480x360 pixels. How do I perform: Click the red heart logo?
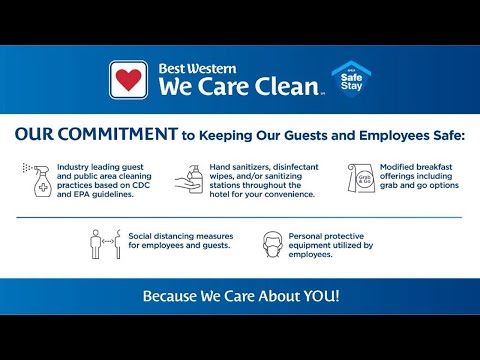[128, 79]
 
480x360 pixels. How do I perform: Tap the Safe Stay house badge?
[346, 79]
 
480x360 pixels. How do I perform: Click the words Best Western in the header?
[197, 69]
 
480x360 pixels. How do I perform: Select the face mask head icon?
[270, 243]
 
